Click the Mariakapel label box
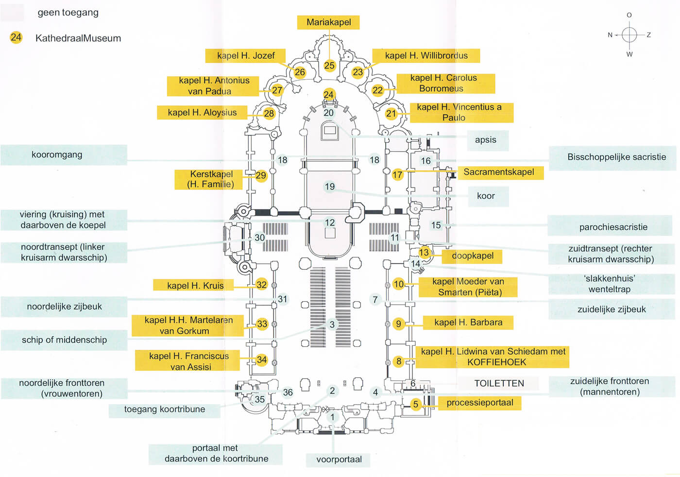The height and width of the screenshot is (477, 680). tap(329, 22)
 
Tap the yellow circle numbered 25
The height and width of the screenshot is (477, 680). tap(329, 66)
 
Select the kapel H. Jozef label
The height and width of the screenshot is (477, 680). tap(245, 56)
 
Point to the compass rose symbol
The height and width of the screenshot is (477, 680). tap(629, 34)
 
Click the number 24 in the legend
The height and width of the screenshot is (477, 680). tap(16, 37)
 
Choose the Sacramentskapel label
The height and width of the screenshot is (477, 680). tap(499, 172)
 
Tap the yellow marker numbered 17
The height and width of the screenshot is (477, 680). tap(397, 175)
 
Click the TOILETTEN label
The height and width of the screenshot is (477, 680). tap(499, 383)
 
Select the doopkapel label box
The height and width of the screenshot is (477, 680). tap(472, 256)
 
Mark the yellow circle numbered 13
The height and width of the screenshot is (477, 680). tap(424, 253)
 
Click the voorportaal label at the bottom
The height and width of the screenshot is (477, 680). tap(339, 460)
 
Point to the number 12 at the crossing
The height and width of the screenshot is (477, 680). tap(330, 223)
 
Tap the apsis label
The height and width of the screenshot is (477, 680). tap(485, 140)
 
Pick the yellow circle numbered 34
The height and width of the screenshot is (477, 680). tap(262, 360)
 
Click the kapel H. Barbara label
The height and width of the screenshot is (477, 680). tap(468, 323)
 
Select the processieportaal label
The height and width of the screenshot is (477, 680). tap(479, 403)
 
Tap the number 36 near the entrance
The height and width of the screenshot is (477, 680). tap(288, 392)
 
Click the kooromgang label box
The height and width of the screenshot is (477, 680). tap(64, 155)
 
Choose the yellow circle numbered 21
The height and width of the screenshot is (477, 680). tap(391, 114)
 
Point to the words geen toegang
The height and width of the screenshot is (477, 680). tap(68, 13)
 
